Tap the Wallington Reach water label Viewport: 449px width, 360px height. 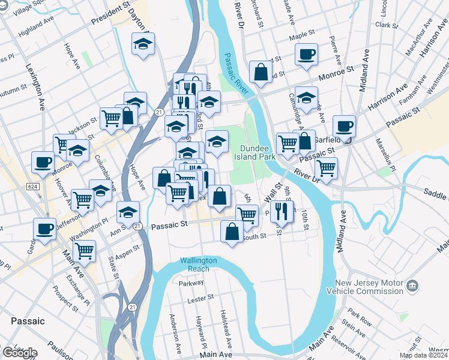(x=198, y=265)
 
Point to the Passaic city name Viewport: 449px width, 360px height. (x=27, y=321)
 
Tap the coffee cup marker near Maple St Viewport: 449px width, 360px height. (x=306, y=55)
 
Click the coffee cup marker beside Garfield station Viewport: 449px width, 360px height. (x=345, y=127)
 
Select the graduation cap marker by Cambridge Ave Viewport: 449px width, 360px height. (x=306, y=98)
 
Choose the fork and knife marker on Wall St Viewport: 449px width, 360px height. (x=281, y=210)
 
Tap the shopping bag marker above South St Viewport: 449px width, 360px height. (x=232, y=231)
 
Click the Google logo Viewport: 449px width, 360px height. (x=20, y=353)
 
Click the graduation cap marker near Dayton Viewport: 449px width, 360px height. (x=143, y=44)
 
